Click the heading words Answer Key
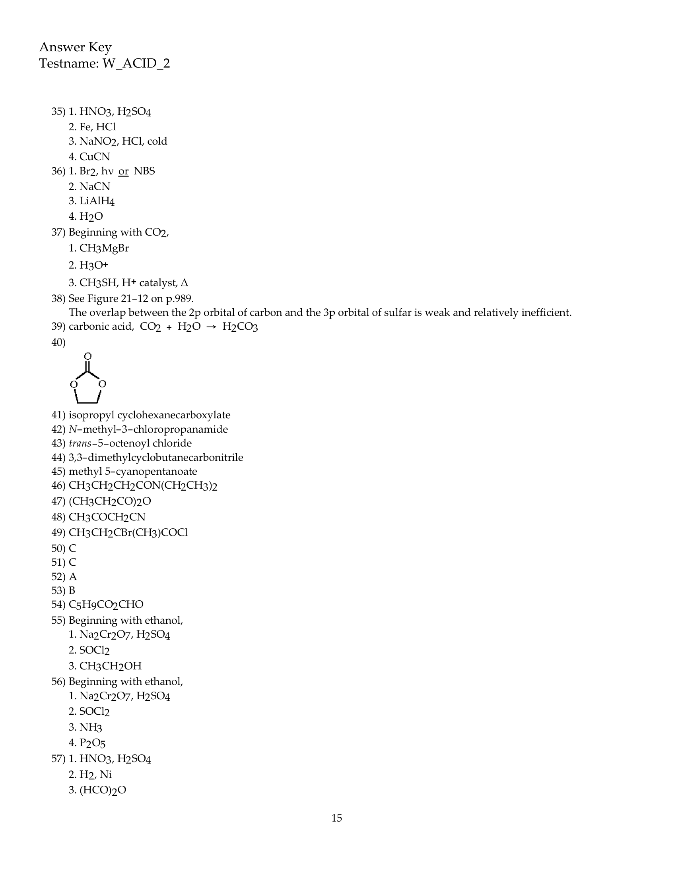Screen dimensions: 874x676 75,48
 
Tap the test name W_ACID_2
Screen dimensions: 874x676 136,64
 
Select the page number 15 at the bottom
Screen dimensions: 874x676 337,818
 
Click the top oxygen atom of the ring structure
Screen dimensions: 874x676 88,356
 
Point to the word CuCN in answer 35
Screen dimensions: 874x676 95,157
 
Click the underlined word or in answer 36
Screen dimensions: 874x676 123,171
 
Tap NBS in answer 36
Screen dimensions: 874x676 144,171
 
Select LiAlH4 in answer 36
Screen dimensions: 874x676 97,201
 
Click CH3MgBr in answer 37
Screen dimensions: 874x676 104,249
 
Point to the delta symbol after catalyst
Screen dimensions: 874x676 184,283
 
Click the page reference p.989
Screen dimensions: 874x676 180,298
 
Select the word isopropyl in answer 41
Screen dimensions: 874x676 91,416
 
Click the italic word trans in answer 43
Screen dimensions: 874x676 80,443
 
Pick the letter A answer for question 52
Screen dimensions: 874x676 73,577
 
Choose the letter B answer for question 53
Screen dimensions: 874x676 72,591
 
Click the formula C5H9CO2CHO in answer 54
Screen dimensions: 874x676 106,605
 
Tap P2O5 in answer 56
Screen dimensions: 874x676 92,743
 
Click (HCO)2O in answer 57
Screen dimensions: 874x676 103,790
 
